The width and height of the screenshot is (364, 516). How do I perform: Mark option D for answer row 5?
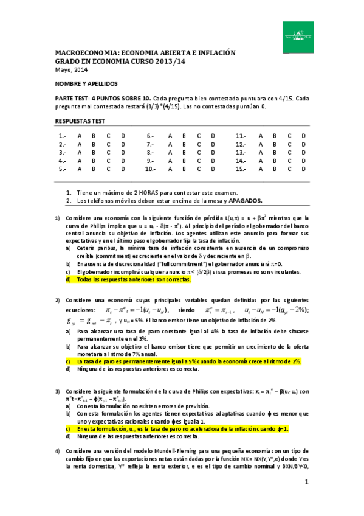coord(124,169)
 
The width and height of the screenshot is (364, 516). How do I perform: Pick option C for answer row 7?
coord(199,144)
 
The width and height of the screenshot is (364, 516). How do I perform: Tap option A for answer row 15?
coord(261,169)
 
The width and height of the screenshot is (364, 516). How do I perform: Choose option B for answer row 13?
coord(275,152)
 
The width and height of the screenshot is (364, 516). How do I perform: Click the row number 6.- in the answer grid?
coord(149,136)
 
